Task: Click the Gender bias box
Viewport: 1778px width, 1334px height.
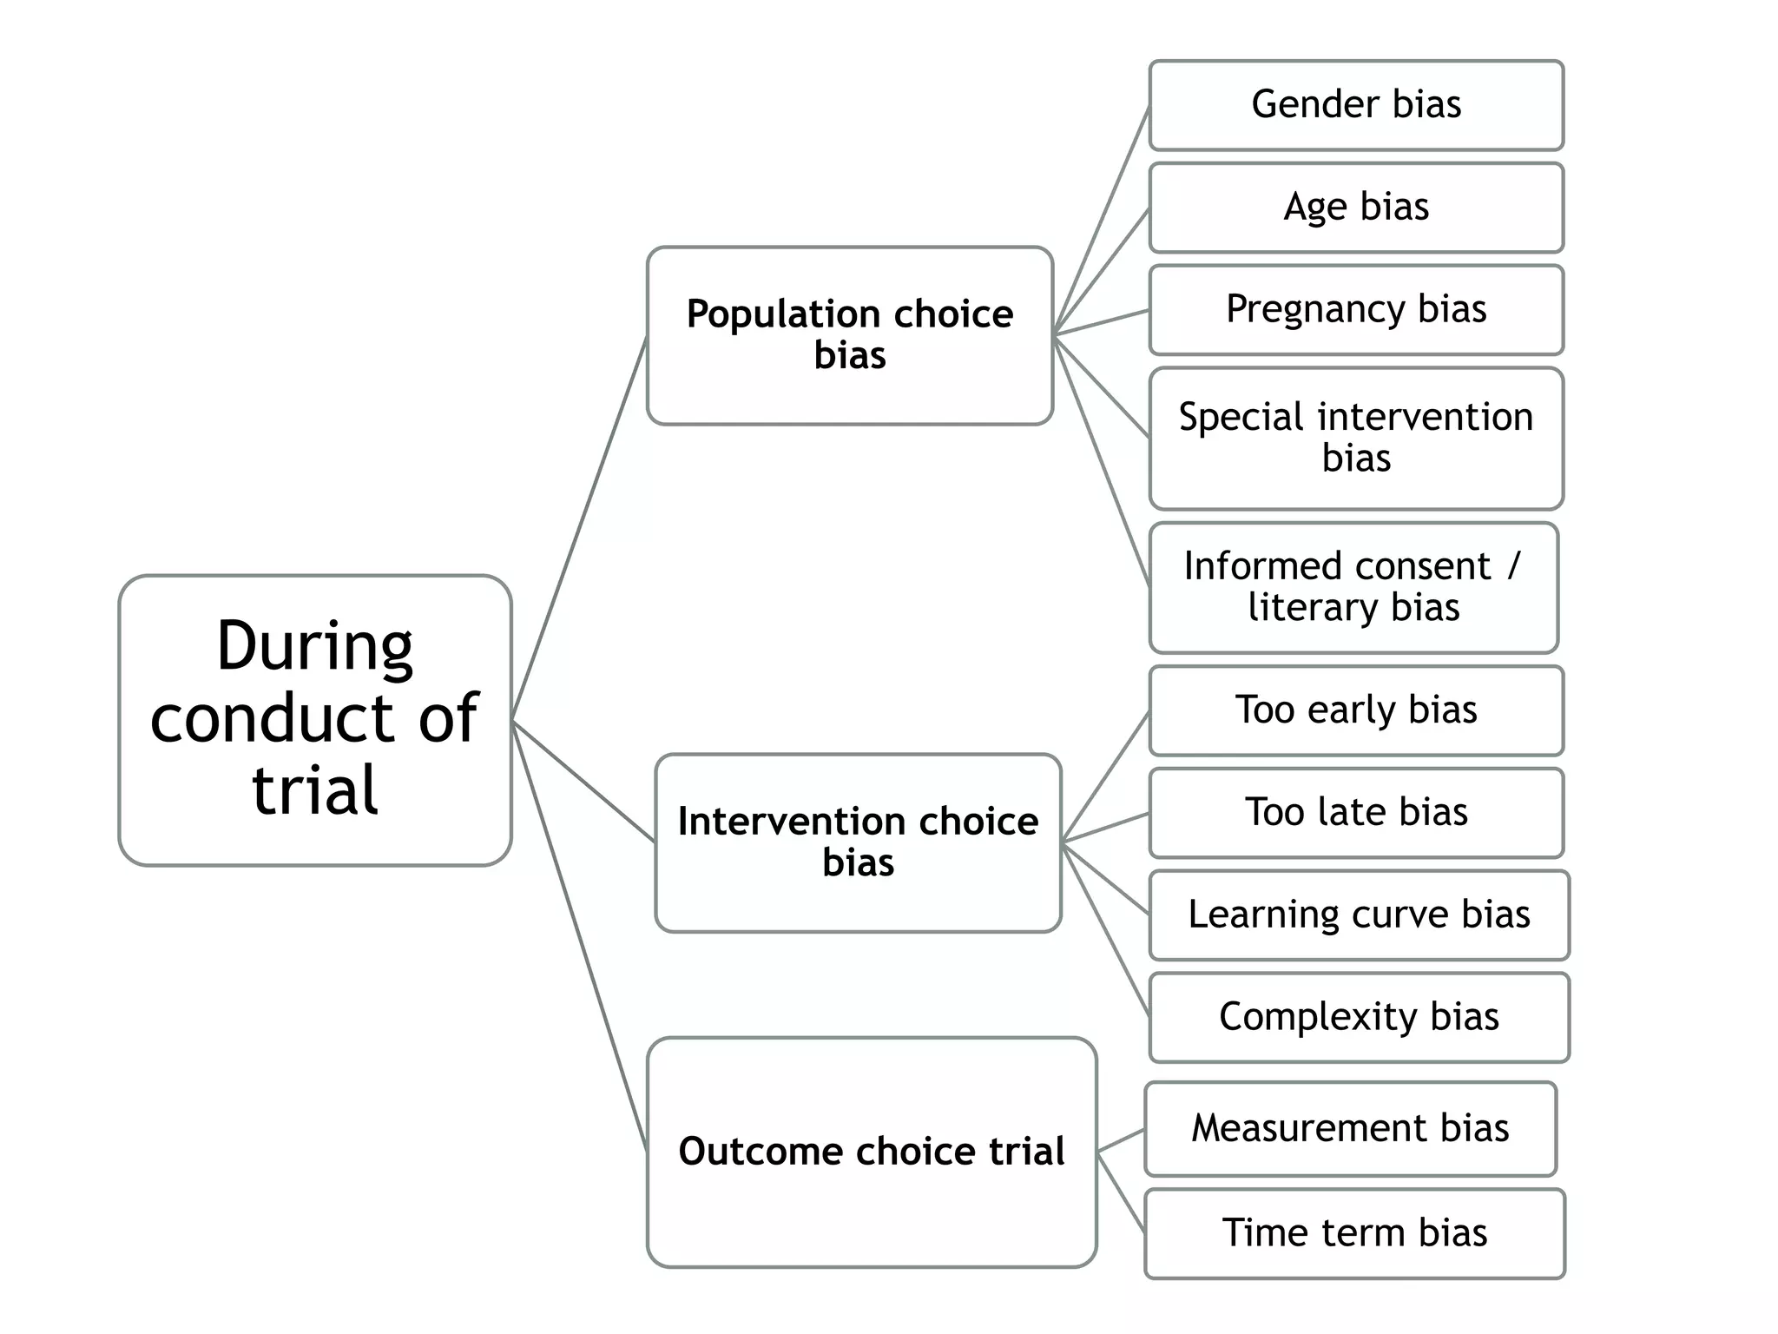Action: (x=1355, y=105)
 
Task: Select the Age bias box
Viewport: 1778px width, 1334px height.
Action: (x=1355, y=208)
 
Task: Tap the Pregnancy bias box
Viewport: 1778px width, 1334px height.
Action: (x=1355, y=310)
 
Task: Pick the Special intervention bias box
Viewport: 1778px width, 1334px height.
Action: (x=1355, y=438)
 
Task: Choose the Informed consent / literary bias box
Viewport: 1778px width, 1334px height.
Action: (x=1353, y=587)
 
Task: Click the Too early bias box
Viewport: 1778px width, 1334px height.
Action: (x=1355, y=710)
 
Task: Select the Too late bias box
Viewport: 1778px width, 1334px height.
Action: (x=1355, y=813)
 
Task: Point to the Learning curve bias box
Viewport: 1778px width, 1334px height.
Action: (x=1359, y=915)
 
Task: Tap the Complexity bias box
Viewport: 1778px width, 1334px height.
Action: (x=1359, y=1017)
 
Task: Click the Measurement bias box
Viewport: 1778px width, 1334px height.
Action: (x=1350, y=1128)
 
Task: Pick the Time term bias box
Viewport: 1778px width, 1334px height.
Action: (x=1354, y=1233)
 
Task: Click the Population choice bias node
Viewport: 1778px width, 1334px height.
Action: (x=849, y=335)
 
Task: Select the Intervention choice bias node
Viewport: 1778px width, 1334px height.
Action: (x=858, y=842)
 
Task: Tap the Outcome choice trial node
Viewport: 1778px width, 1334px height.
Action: (x=872, y=1152)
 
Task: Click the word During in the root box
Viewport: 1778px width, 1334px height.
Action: (x=314, y=646)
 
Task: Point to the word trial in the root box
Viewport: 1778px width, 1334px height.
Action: (x=314, y=789)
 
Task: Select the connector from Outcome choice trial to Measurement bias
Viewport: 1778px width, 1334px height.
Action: (x=1121, y=1140)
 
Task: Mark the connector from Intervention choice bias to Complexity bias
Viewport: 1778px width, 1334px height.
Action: (x=1106, y=929)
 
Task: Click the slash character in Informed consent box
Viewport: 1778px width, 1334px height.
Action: (x=1514, y=566)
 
